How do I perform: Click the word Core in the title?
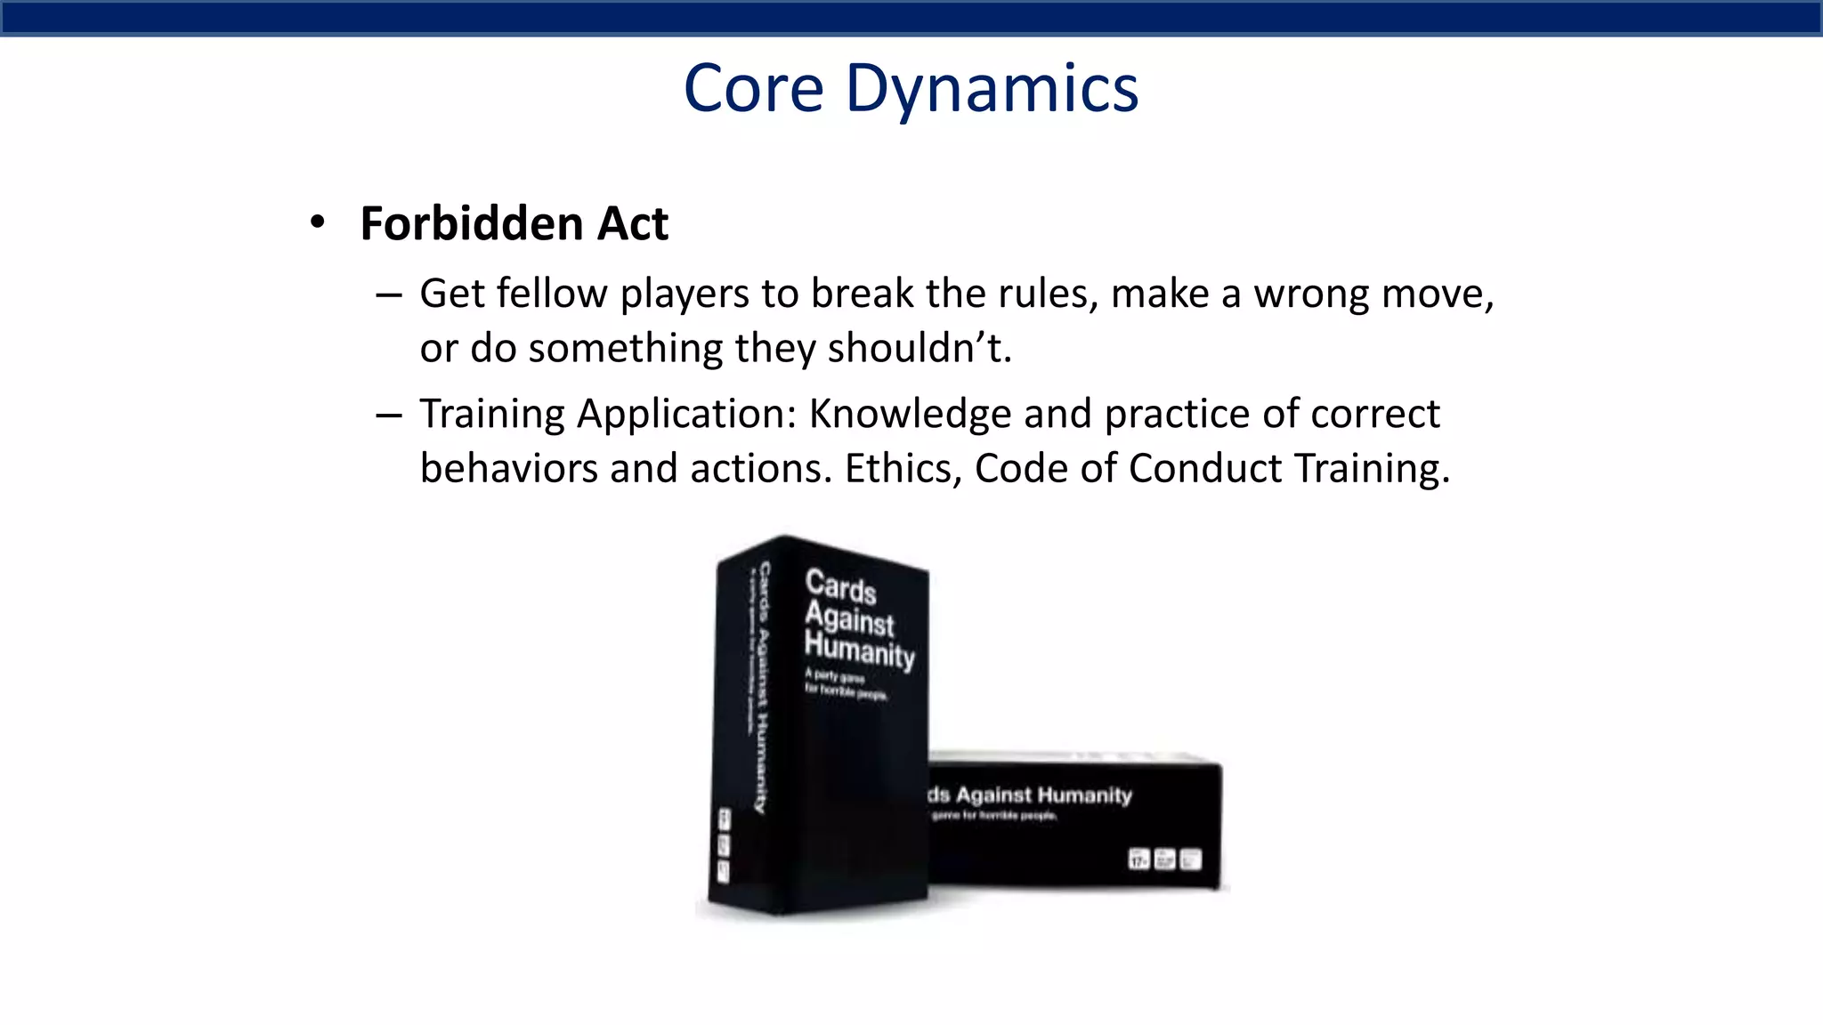click(x=753, y=89)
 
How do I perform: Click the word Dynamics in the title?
click(x=992, y=89)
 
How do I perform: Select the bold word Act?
click(x=632, y=223)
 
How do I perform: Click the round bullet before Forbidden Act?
click(x=318, y=222)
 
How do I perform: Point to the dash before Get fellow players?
click(x=389, y=295)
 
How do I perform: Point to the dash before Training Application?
click(x=389, y=415)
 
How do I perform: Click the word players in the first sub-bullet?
click(x=685, y=294)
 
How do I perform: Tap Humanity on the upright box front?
click(x=859, y=650)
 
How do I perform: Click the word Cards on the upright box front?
click(x=840, y=586)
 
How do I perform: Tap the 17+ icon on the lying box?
click(x=1138, y=860)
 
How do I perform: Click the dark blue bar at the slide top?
click(x=911, y=18)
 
